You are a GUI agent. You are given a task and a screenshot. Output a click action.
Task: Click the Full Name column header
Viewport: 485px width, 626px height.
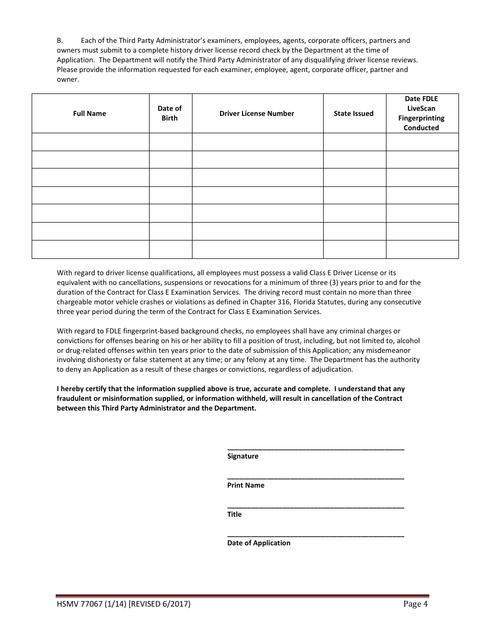coord(89,113)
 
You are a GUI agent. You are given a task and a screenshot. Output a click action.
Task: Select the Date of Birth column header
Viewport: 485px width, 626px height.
coord(169,113)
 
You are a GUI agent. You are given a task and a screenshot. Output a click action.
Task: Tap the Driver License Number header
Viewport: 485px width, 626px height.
coord(257,113)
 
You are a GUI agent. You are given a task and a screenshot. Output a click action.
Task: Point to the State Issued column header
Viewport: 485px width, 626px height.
coord(353,113)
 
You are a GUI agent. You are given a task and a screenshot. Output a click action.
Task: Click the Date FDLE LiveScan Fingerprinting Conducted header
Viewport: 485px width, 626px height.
coord(421,113)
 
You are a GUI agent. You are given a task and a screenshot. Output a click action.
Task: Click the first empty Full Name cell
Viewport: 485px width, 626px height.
coord(90,142)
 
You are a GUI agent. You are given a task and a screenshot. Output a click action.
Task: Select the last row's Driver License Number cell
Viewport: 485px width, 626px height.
coord(257,249)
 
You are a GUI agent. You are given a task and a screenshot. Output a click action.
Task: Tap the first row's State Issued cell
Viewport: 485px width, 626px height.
coord(354,142)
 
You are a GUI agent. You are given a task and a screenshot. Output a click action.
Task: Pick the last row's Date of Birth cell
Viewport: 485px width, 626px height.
coord(171,249)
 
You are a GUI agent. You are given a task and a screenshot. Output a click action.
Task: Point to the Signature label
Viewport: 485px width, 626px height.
coord(243,456)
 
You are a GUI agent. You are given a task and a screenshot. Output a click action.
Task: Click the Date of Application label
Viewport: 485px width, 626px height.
coord(258,543)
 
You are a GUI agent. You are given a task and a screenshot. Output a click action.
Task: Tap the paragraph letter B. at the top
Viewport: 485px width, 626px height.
coord(60,40)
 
